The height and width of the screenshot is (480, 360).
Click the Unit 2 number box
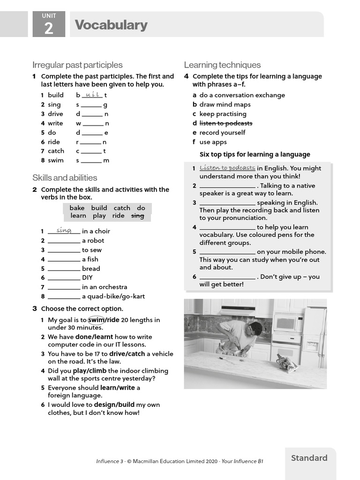[x=49, y=25]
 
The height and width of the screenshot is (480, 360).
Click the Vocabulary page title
[x=111, y=25]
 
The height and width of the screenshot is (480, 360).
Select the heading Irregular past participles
[x=77, y=65]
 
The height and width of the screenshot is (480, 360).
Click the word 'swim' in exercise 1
[x=56, y=160]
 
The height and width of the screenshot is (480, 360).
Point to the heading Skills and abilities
[x=65, y=178]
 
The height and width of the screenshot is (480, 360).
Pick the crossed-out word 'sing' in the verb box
[x=137, y=216]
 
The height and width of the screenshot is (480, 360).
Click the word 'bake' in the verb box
[x=77, y=208]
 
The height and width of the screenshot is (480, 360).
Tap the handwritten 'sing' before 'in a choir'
[x=64, y=230]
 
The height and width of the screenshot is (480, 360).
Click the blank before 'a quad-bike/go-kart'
[x=64, y=296]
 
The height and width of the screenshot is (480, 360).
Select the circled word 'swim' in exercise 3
[x=96, y=320]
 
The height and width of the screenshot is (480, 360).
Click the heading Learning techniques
[x=222, y=65]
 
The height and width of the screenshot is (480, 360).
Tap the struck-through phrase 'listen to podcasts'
[x=226, y=123]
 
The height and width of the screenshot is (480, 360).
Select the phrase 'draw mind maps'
[x=225, y=105]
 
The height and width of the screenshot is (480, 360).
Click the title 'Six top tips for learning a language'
[x=255, y=154]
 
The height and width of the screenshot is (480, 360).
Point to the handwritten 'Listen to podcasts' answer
[x=227, y=168]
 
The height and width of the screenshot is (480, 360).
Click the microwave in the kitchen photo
[x=287, y=322]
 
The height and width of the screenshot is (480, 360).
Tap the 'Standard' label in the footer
[x=309, y=458]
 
